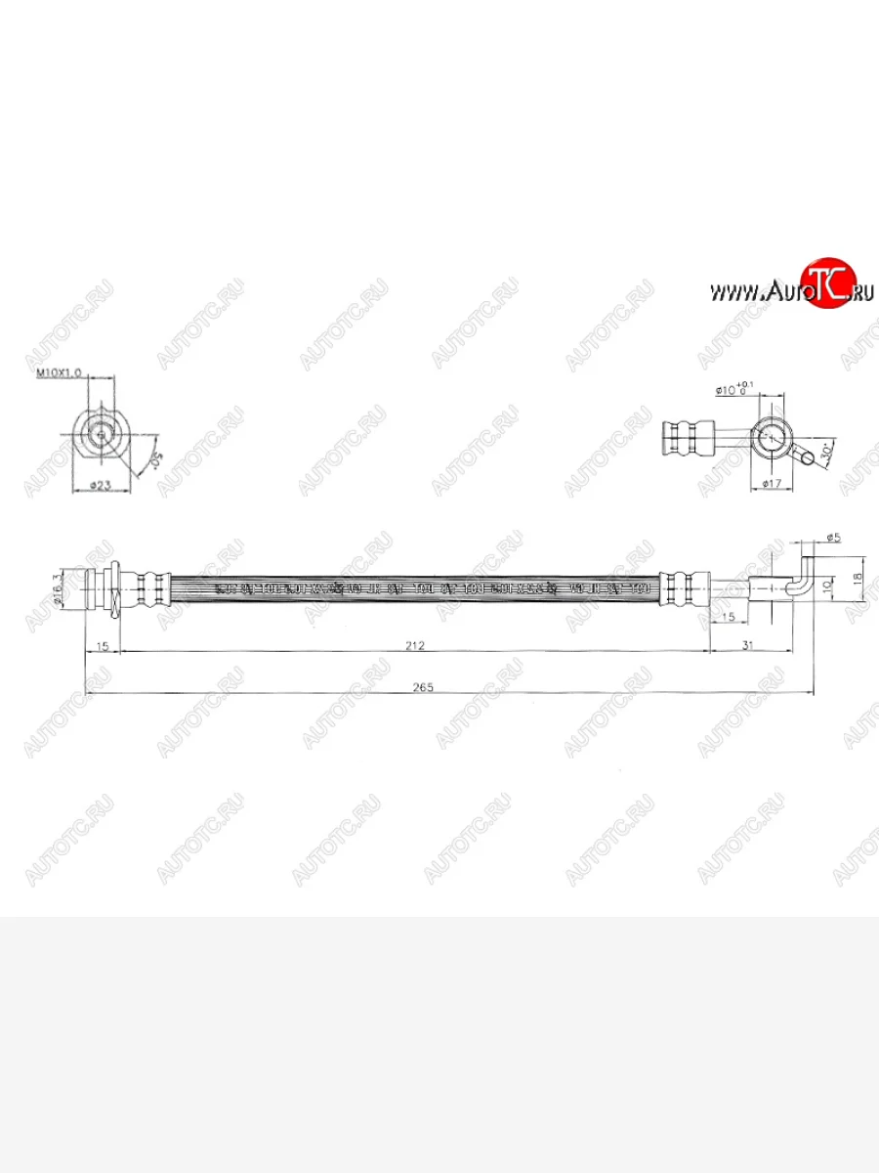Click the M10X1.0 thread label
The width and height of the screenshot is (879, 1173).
(x=59, y=373)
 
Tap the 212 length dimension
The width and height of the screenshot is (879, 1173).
(x=415, y=646)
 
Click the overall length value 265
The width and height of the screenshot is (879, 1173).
(x=422, y=688)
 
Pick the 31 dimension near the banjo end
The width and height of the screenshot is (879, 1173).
(x=748, y=646)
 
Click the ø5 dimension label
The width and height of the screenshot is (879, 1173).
(x=834, y=537)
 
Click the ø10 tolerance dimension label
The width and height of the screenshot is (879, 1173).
(x=734, y=388)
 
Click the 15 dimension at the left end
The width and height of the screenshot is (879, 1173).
(x=103, y=646)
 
